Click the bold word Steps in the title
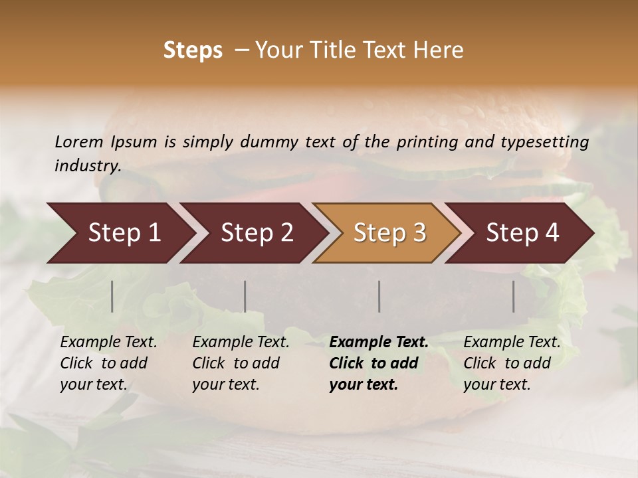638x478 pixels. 193,50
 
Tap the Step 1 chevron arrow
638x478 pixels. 120,233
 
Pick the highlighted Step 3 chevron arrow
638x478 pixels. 389,233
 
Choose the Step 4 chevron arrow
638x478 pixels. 522,233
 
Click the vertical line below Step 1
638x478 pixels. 112,296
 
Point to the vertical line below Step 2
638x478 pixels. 245,296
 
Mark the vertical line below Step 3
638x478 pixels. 379,296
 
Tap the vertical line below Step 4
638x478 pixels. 514,296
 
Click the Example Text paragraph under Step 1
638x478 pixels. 108,363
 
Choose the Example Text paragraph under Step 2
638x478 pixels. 241,363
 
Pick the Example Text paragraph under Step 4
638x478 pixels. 512,363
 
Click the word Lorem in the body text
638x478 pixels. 79,141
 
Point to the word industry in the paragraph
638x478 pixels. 87,166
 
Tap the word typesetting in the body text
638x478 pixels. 544,141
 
